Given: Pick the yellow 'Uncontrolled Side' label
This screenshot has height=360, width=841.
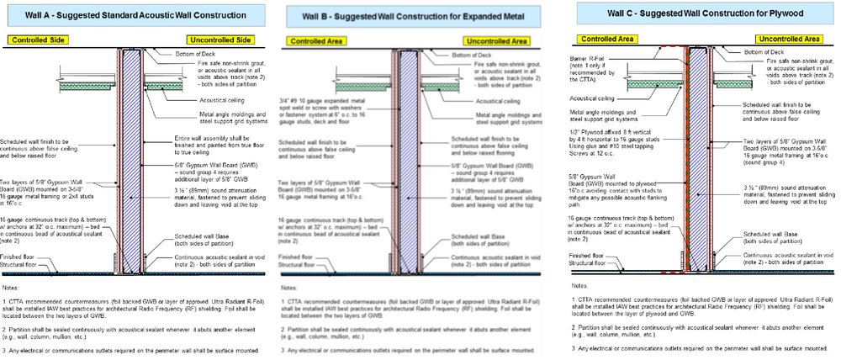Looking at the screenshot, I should [220, 40].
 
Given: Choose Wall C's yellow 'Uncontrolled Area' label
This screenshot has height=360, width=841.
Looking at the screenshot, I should [788, 39].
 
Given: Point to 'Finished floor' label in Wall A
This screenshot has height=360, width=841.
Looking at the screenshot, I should [19, 257].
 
